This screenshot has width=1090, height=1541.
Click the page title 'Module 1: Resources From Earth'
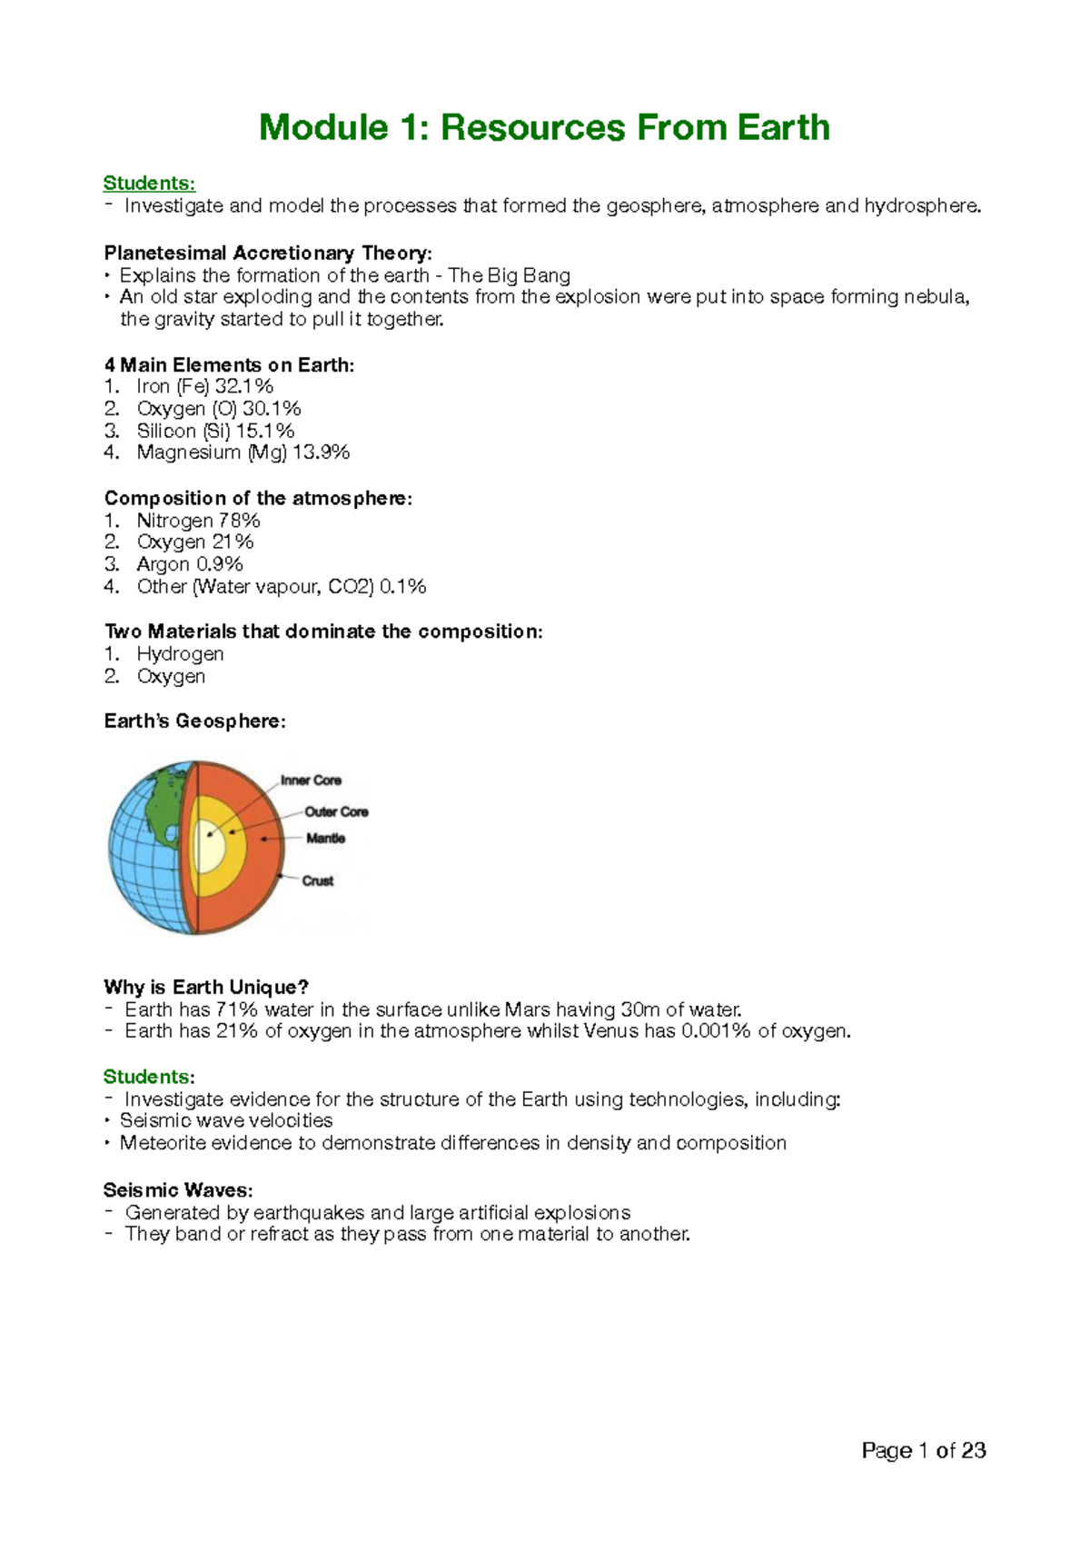(544, 128)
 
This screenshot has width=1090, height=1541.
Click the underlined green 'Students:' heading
(149, 184)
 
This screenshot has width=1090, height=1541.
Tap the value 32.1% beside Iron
(243, 386)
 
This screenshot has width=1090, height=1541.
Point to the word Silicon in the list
(166, 431)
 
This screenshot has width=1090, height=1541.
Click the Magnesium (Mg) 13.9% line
(243, 452)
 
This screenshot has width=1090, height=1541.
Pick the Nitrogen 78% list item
(198, 521)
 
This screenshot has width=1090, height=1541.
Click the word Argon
(163, 564)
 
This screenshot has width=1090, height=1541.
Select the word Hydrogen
(180, 654)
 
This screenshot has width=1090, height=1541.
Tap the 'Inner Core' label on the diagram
(311, 780)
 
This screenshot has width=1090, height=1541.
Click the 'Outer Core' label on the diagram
(336, 811)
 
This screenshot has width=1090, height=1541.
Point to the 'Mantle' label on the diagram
(325, 839)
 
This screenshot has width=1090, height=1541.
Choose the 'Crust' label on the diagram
(318, 880)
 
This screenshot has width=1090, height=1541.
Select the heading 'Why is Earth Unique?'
(206, 988)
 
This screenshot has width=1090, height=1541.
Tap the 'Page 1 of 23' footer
(923, 1451)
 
